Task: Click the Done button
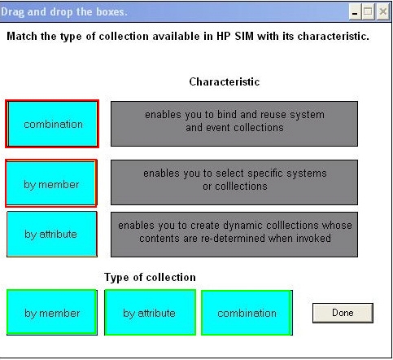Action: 343,313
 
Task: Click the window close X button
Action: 383,11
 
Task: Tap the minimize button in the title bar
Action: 355,11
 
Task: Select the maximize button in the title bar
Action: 368,11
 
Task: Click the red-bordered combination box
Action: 52,124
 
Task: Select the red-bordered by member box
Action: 51,183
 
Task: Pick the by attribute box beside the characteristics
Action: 52,235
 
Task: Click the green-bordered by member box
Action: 52,313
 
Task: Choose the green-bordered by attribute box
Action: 150,313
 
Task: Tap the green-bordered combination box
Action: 247,313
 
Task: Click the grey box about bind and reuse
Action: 234,124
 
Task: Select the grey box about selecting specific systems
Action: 234,182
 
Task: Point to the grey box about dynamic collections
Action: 234,235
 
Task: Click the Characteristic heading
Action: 225,81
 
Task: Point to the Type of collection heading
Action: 150,278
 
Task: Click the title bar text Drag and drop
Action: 37,12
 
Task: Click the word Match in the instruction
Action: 22,37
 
